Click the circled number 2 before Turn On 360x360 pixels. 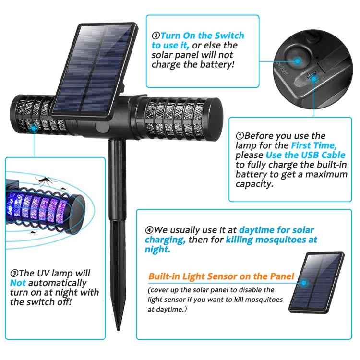tap(156, 36)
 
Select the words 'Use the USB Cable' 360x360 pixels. tap(305, 155)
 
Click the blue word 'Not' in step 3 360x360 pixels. tap(18, 283)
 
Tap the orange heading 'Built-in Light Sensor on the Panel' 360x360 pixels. tap(221, 276)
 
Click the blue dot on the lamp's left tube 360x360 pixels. tap(34, 128)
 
